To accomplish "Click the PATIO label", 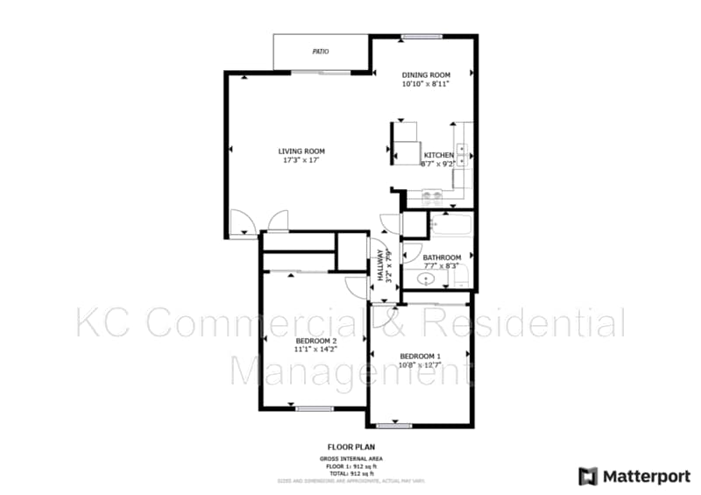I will click(x=321, y=53).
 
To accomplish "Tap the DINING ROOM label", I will click(x=426, y=75).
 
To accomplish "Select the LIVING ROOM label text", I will click(x=301, y=152).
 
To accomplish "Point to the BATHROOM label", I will click(x=442, y=258).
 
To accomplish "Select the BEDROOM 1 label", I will click(x=421, y=356).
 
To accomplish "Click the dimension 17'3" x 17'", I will click(x=301, y=161).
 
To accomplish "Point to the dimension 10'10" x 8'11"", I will click(x=426, y=85).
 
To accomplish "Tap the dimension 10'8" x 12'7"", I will click(x=421, y=365).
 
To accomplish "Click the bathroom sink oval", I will click(x=427, y=279).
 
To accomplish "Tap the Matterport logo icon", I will click(x=588, y=477).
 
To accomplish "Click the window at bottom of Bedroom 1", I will click(x=394, y=426).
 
